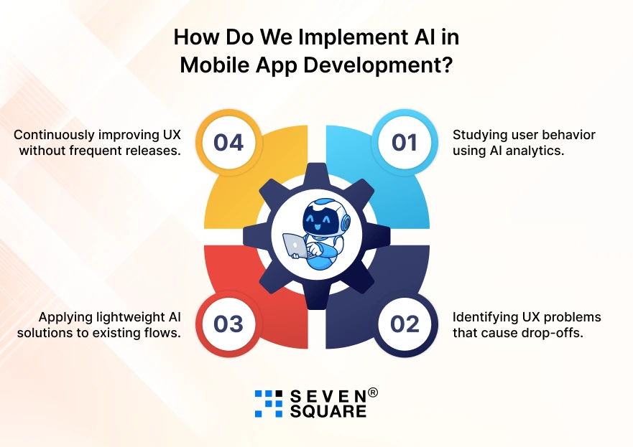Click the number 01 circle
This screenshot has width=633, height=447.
click(x=405, y=142)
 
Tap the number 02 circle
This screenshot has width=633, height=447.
click(x=405, y=324)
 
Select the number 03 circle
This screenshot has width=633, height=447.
click(x=228, y=324)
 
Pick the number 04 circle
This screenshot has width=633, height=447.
click(x=228, y=142)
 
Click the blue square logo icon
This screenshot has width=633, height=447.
click(x=269, y=403)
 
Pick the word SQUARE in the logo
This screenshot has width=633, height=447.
click(x=328, y=412)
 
